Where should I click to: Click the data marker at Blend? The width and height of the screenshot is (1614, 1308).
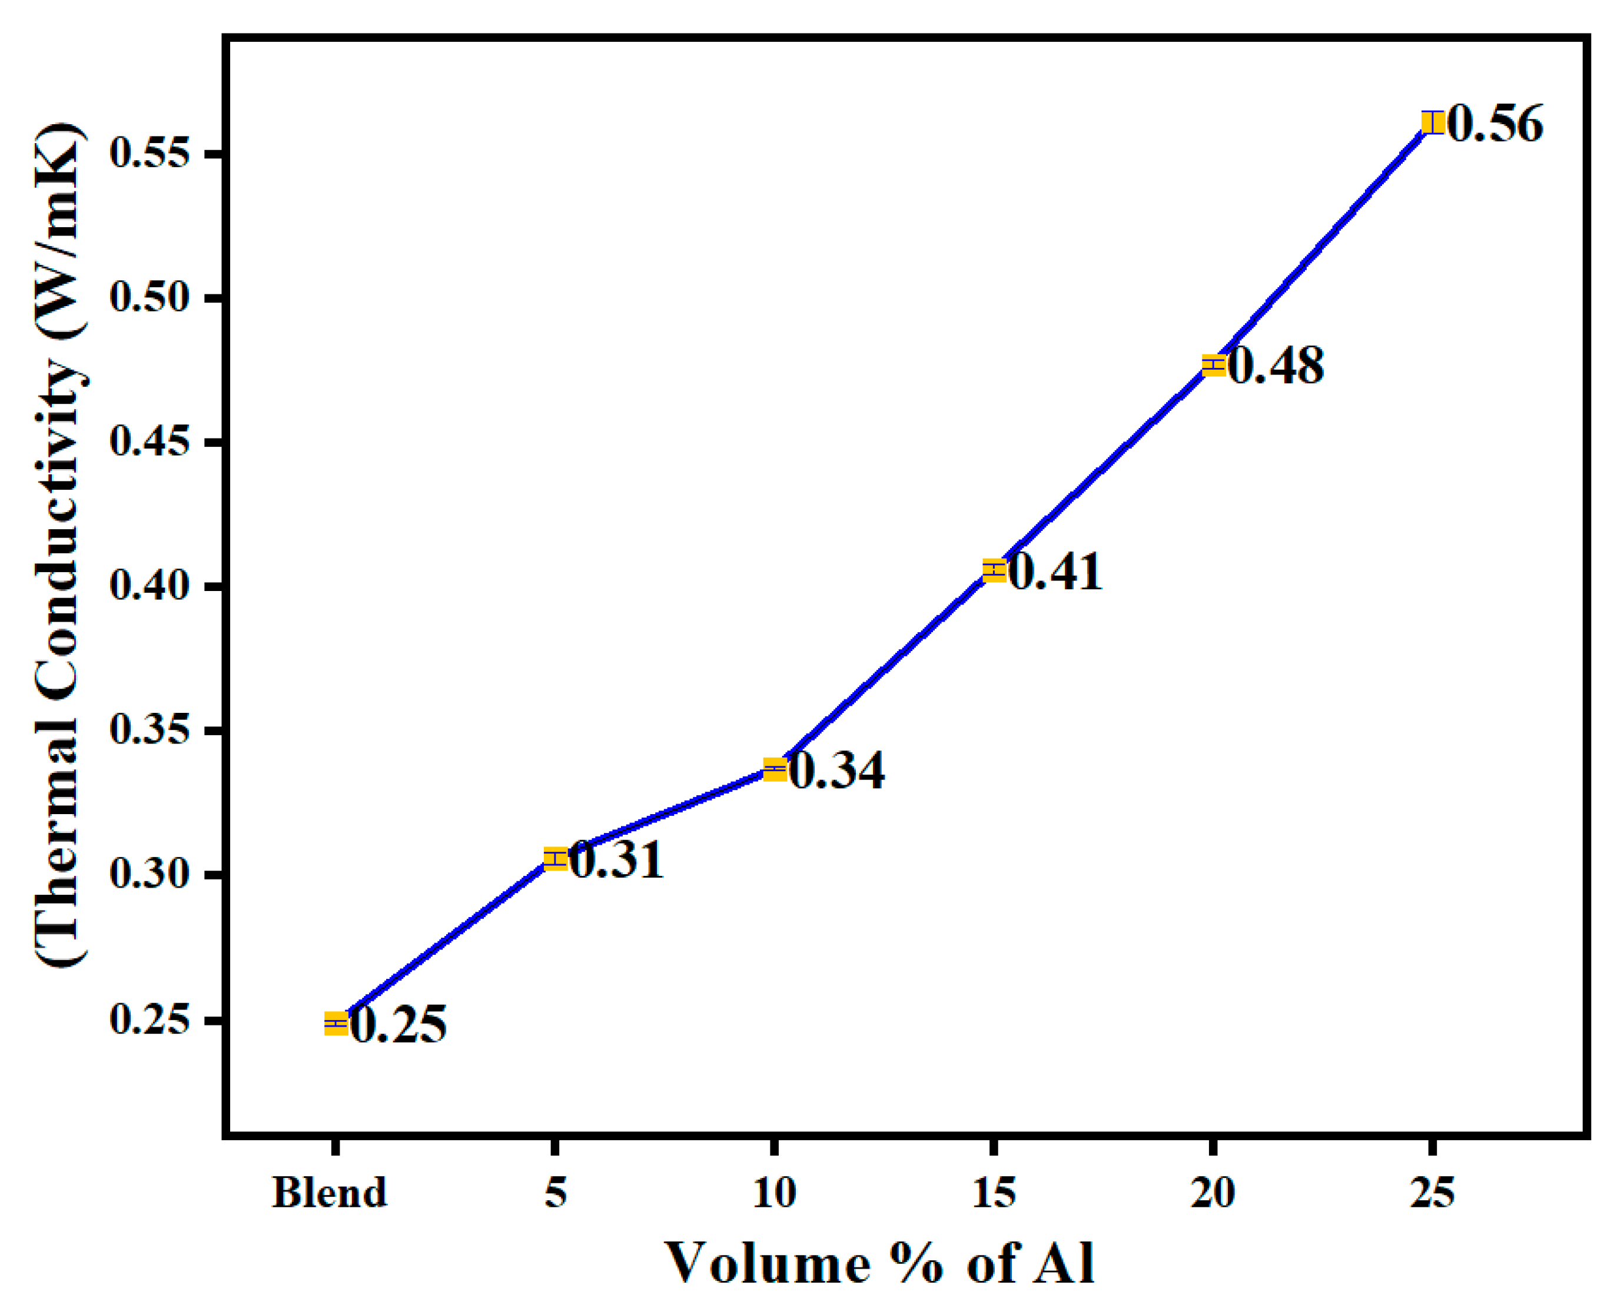(336, 1024)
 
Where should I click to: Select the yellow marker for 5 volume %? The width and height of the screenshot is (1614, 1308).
(555, 858)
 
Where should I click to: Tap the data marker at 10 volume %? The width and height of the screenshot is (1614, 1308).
(775, 770)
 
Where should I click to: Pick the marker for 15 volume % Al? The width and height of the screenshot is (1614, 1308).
(994, 570)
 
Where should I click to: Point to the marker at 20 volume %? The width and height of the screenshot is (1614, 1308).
(1213, 366)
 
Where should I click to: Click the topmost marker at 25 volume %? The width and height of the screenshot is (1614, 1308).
(1432, 122)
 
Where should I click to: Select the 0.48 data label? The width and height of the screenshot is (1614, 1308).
(1276, 367)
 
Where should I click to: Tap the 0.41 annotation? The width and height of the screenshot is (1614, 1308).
(1055, 572)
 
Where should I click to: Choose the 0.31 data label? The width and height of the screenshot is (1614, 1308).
(616, 859)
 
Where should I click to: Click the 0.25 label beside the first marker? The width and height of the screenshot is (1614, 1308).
(398, 1025)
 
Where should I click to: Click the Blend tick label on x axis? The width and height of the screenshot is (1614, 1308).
(329, 1193)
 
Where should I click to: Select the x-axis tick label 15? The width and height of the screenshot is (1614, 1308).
(994, 1193)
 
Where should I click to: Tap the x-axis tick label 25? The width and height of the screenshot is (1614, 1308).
(1432, 1193)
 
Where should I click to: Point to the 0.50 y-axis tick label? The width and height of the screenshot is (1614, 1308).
(148, 298)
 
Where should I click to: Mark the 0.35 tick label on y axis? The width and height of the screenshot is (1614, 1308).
(148, 730)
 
